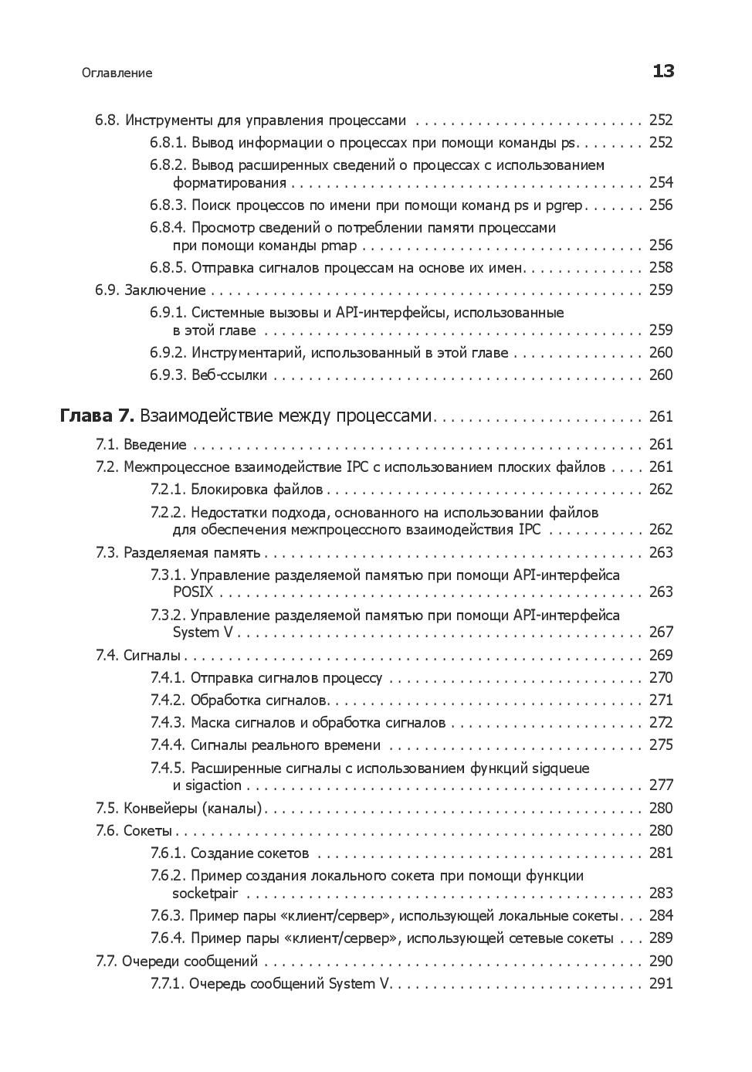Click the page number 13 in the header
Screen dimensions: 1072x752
pyautogui.click(x=663, y=71)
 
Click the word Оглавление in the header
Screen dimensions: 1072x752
pyautogui.click(x=117, y=73)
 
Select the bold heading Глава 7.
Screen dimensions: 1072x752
pyautogui.click(x=97, y=416)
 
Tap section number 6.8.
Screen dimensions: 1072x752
pyautogui.click(x=107, y=120)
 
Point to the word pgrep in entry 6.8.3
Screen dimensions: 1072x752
pyautogui.click(x=565, y=205)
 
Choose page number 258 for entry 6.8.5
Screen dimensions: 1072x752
pyautogui.click(x=661, y=267)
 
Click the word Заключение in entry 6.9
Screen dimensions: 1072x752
pyautogui.click(x=165, y=290)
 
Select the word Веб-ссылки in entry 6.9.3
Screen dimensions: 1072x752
pyautogui.click(x=229, y=375)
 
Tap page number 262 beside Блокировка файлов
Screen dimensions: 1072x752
pyautogui.click(x=661, y=489)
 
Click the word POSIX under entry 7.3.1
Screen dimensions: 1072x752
pyautogui.click(x=193, y=592)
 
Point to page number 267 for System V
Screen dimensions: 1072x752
pyautogui.click(x=661, y=632)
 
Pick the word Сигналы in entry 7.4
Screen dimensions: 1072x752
pyautogui.click(x=151, y=655)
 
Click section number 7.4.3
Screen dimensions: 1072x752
pyautogui.click(x=168, y=723)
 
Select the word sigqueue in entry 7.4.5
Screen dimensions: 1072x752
pyautogui.click(x=561, y=768)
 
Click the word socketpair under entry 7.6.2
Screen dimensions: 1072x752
pyautogui.click(x=205, y=894)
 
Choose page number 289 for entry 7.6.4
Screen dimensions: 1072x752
pyautogui.click(x=661, y=938)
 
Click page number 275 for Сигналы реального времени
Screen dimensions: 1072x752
pyautogui.click(x=661, y=745)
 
